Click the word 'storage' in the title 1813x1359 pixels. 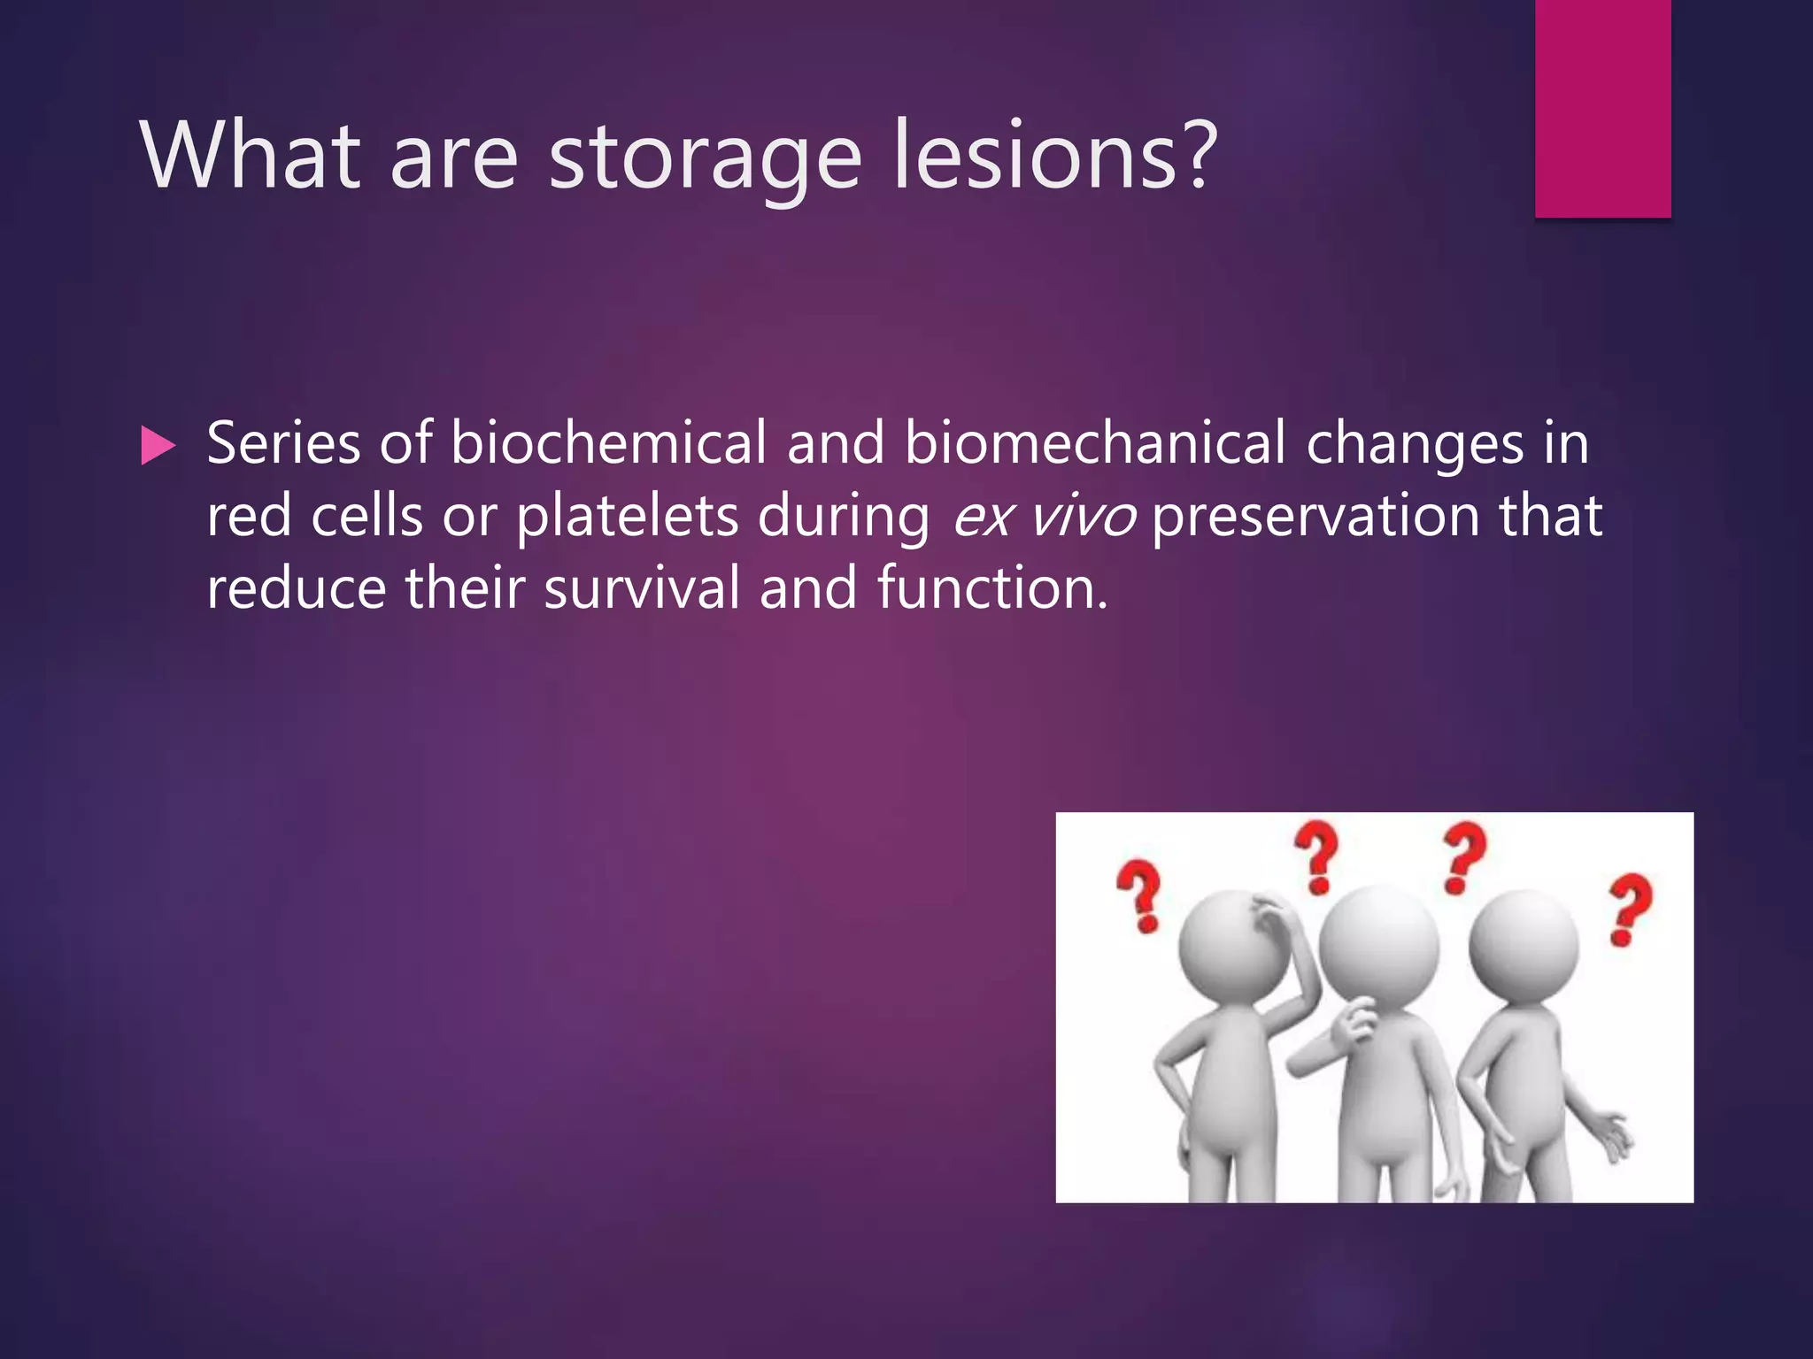tap(705, 157)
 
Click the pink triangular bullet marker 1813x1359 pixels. tap(158, 446)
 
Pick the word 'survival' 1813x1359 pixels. tap(642, 588)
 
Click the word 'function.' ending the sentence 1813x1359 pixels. tap(992, 588)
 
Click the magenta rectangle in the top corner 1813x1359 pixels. tap(1602, 108)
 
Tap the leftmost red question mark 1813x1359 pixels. tap(1141, 895)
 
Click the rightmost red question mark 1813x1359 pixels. tap(1630, 909)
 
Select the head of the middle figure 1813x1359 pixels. tap(1378, 944)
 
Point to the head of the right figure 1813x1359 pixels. tap(1523, 944)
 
